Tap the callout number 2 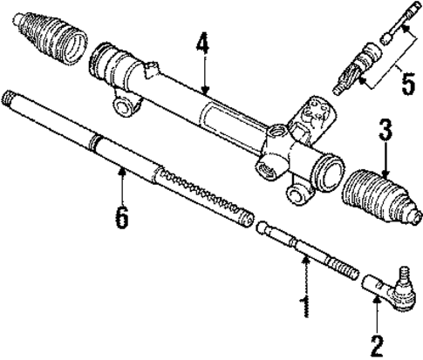pyautogui.click(x=376, y=345)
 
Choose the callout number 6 pyautogui.click(x=121, y=214)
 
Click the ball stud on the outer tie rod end pyautogui.click(x=403, y=278)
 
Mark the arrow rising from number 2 pyautogui.click(x=376, y=314)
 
